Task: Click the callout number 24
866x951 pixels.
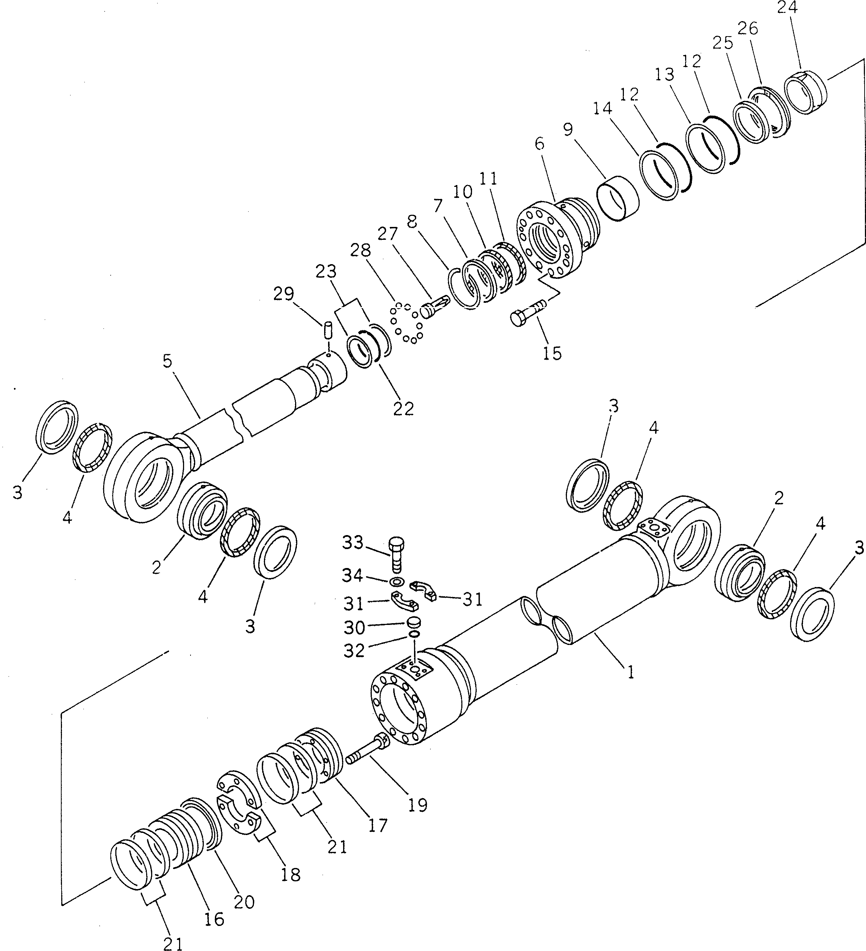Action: pos(787,8)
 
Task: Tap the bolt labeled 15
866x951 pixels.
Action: pos(527,315)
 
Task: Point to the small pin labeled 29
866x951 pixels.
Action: pos(328,329)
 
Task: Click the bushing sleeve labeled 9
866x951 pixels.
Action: pos(618,199)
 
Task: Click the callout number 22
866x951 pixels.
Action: pos(404,408)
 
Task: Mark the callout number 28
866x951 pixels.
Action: pos(361,251)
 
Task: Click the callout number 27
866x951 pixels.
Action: pos(388,234)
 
